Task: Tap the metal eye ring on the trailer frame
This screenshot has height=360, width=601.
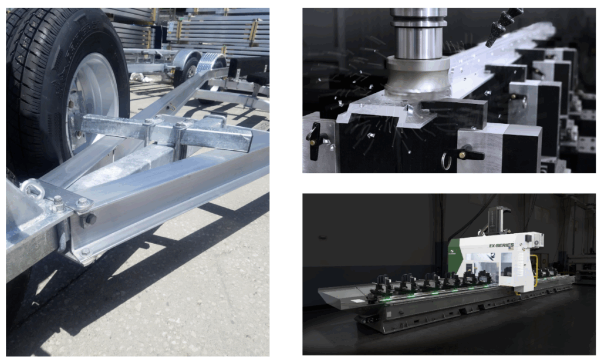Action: pos(31,189)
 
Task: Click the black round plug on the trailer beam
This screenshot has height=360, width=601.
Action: pos(91,218)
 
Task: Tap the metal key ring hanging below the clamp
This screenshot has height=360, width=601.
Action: pos(448,160)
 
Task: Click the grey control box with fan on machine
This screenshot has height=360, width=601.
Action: pos(531,240)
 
